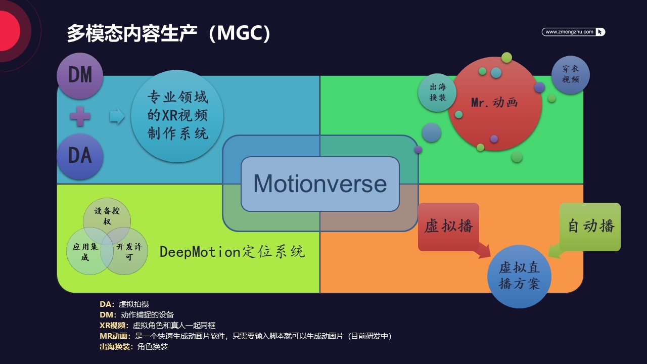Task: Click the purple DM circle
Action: (x=80, y=76)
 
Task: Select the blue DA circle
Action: (x=80, y=156)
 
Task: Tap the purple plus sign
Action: (x=80, y=116)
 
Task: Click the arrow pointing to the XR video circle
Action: (x=117, y=116)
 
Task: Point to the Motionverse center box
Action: (x=320, y=184)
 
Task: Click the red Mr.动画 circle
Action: (x=495, y=104)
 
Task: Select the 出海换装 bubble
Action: (x=437, y=93)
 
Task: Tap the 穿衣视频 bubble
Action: (x=571, y=74)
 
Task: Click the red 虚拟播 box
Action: (x=448, y=227)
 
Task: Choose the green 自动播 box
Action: (x=590, y=227)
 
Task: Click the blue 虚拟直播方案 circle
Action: (x=519, y=277)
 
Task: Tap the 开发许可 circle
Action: (x=124, y=251)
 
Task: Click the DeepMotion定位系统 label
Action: (x=232, y=252)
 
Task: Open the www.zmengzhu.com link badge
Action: (x=573, y=32)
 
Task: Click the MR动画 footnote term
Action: (x=114, y=336)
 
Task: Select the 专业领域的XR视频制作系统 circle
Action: (x=177, y=116)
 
